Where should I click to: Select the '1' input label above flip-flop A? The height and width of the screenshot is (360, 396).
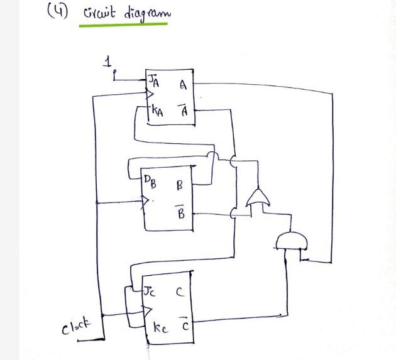click(x=109, y=62)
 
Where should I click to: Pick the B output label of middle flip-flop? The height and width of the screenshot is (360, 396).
click(x=180, y=186)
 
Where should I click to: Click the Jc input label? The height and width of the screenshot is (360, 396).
click(x=148, y=292)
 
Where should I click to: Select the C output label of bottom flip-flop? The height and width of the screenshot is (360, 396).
click(x=180, y=292)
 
